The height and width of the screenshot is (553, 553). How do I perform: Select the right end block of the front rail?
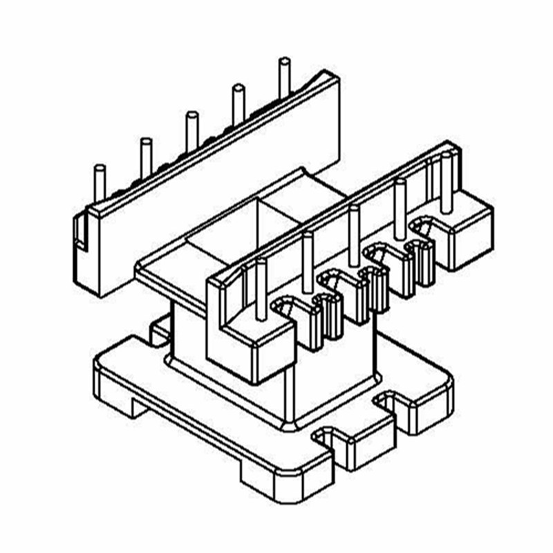coord(470,235)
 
